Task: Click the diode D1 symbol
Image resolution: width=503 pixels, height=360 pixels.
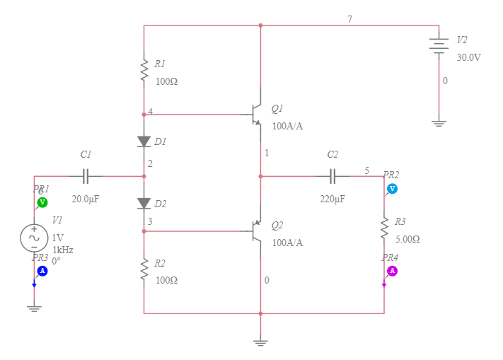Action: click(x=144, y=141)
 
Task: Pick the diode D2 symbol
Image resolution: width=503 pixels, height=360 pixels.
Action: click(x=144, y=204)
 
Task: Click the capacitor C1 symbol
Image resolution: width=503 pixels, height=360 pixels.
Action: click(x=86, y=176)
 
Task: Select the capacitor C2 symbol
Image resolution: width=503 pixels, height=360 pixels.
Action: click(x=333, y=176)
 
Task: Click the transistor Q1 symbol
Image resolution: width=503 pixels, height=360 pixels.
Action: click(x=256, y=115)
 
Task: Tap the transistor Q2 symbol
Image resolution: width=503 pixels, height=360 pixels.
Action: click(x=256, y=231)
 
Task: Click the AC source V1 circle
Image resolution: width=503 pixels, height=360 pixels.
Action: click(x=34, y=238)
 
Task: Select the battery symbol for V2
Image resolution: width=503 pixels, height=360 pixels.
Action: click(x=439, y=44)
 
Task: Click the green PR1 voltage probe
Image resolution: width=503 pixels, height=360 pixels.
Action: click(x=42, y=202)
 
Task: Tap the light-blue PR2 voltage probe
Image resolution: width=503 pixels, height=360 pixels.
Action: click(x=392, y=188)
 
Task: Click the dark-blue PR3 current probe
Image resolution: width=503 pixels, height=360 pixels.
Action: click(x=42, y=271)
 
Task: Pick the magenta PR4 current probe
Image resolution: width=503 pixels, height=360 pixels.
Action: click(x=392, y=271)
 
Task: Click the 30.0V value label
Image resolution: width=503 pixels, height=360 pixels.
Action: click(x=468, y=57)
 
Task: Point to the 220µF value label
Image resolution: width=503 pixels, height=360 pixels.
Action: click(x=333, y=199)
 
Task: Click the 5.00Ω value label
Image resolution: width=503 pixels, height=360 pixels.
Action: click(x=407, y=240)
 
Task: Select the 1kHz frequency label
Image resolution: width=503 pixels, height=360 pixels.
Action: click(x=63, y=250)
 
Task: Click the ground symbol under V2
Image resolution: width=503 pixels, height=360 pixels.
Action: click(x=439, y=123)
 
